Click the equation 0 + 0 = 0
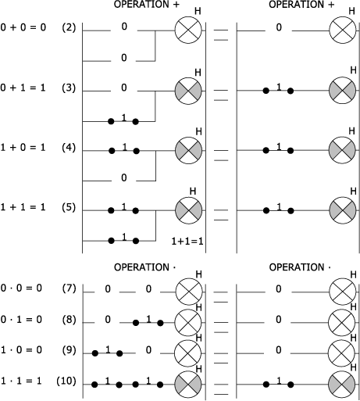[x=23, y=27]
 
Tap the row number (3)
[x=69, y=88]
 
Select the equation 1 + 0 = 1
[x=23, y=148]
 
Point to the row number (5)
[x=69, y=207]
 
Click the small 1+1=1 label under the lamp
[x=187, y=242]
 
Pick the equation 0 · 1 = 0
[x=21, y=320]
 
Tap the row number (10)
[x=66, y=381]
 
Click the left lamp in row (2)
[x=188, y=30]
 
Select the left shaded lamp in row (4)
[x=188, y=150]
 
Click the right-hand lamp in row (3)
[x=342, y=91]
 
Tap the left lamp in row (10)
[x=188, y=384]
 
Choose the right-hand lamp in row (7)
[x=343, y=292]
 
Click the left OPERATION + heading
[x=147, y=5]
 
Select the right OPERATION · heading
[x=300, y=267]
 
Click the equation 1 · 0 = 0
[x=21, y=350]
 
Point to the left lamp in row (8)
[x=188, y=323]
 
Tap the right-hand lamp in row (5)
[x=343, y=210]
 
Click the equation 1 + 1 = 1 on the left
[x=23, y=207]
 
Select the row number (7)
[x=69, y=288]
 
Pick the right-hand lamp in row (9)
[x=342, y=353]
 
